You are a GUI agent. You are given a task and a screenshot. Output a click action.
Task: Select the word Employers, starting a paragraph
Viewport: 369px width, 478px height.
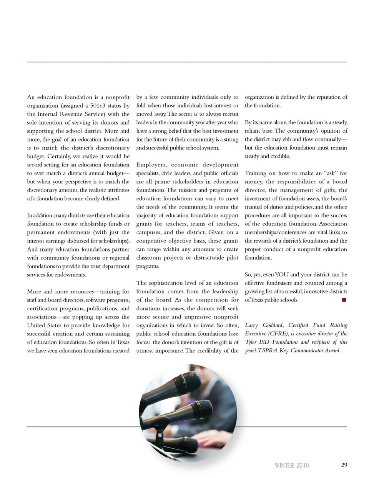pos(151,165)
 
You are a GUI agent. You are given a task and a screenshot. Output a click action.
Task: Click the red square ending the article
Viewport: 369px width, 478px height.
pos(344,300)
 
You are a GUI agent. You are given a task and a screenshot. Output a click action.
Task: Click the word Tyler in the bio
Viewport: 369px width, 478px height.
pos(251,343)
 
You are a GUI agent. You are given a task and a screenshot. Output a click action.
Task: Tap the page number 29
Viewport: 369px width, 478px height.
pos(344,465)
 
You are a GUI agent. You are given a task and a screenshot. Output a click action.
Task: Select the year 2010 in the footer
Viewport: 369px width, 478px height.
pos(302,466)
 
